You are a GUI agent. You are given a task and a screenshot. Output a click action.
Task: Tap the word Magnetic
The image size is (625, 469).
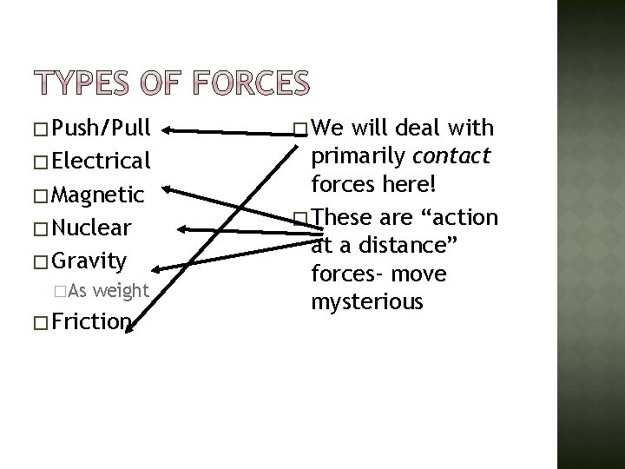97,195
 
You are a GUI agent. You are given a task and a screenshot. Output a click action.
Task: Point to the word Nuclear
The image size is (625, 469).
92,228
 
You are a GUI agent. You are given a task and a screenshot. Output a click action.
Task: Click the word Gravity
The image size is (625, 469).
90,260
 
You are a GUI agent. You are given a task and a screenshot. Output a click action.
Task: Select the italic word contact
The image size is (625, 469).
454,156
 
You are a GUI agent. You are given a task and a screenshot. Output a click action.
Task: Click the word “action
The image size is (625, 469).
462,217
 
